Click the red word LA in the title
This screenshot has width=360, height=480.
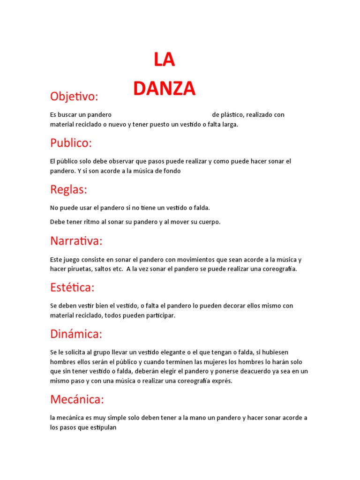(x=164, y=60)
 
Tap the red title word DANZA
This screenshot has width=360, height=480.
(x=164, y=89)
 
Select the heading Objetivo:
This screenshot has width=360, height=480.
(x=74, y=97)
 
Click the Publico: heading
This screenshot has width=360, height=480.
(x=71, y=143)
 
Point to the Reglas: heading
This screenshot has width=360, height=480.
(x=69, y=189)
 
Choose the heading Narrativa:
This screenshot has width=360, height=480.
(x=76, y=241)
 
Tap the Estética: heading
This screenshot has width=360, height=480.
(x=72, y=287)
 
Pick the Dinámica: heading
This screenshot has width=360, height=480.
(x=76, y=334)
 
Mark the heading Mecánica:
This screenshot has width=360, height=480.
(x=77, y=399)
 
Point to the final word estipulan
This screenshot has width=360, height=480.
(x=102, y=427)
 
